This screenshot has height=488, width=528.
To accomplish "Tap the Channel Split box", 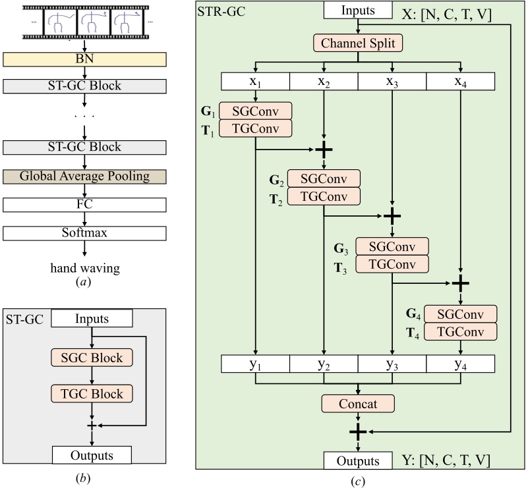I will point(358,44).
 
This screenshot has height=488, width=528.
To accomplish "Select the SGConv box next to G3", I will point(392,246).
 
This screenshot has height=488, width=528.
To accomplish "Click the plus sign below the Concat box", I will point(358,431).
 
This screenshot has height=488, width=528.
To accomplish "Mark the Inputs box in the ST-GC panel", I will point(91,319).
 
